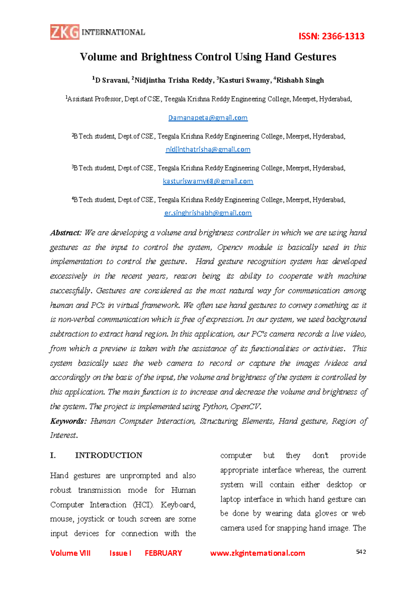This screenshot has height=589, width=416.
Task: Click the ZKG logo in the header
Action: pos(65,32)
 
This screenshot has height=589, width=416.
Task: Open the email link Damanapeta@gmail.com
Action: pos(208,118)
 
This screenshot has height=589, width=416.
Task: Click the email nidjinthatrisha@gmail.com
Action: pos(208,149)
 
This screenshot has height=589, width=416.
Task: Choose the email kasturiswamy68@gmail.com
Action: pos(208,181)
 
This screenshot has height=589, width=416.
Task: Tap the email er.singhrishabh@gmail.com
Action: pos(208,213)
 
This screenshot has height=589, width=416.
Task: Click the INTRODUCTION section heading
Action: pos(109,455)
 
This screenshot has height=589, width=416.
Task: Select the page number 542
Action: pos(361,552)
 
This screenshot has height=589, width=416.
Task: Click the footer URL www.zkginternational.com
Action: pos(258,553)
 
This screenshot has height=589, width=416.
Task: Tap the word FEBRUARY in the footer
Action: pos(163,553)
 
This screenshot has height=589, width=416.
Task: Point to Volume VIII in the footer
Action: pos(70,553)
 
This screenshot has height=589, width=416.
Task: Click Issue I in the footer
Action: pos(120,553)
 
